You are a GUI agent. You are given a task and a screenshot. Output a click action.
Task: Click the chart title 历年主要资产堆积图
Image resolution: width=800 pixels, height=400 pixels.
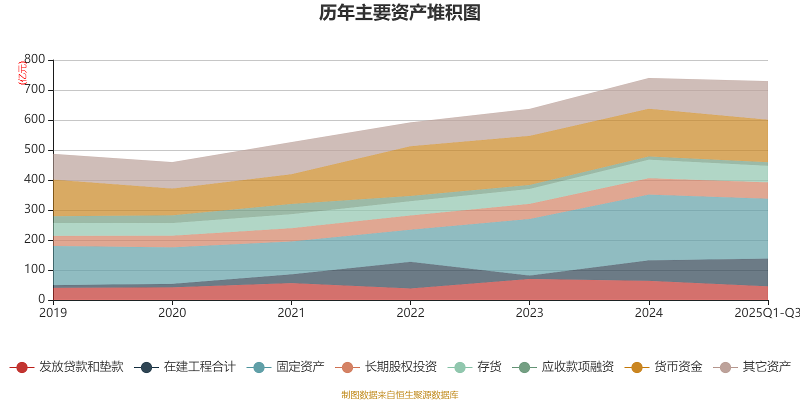400,13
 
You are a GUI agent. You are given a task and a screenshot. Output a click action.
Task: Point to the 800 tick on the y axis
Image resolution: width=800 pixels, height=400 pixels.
34,59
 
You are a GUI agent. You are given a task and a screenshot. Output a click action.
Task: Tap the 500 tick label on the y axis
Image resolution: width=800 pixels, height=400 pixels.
34,149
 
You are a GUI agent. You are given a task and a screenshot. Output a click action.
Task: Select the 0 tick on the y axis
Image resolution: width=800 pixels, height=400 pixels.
41,299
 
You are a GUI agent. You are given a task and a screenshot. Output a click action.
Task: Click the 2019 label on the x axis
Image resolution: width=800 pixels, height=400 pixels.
53,313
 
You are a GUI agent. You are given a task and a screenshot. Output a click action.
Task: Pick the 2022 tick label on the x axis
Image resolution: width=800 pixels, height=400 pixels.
410,313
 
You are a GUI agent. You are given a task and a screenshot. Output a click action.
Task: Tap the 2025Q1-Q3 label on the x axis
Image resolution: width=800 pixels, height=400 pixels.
766,313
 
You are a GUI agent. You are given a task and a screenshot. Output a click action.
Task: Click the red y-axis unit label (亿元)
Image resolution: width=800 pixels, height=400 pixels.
22,73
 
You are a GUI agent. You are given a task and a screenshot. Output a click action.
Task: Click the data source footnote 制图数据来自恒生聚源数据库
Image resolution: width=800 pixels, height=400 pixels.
400,395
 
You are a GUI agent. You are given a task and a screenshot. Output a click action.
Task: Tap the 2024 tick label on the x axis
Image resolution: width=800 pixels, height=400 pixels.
648,313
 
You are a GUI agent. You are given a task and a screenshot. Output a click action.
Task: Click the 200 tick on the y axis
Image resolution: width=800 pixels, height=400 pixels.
34,239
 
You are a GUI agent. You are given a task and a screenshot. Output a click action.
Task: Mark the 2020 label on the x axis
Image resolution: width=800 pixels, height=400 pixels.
172,313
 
